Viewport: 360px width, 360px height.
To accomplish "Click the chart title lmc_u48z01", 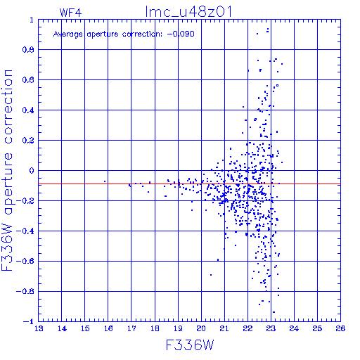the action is click(189, 12).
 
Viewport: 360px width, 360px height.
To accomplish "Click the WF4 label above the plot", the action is click(70, 13).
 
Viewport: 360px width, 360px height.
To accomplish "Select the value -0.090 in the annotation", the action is click(181, 34).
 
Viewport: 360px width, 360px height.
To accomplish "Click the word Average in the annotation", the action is click(68, 34).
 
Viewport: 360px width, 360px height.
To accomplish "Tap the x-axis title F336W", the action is click(190, 345).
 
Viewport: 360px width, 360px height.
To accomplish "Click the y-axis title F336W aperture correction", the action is click(7, 170).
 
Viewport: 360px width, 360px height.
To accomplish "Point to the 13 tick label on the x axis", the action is click(39, 328).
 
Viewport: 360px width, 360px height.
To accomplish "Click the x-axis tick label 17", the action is click(131, 328).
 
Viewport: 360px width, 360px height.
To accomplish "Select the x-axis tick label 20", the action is click(201, 328).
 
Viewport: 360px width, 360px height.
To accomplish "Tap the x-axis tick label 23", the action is click(271, 328).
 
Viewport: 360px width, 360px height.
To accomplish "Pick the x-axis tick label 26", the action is click(340, 328).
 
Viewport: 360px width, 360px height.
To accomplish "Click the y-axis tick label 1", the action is click(32, 20).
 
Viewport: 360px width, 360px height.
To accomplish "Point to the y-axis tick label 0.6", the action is click(28, 80).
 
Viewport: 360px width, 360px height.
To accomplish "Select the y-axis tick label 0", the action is click(32, 171).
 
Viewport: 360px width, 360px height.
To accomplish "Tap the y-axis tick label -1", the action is click(28, 321).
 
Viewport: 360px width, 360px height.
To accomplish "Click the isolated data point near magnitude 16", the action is click(105, 181).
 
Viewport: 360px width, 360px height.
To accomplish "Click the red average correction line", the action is click(189, 184).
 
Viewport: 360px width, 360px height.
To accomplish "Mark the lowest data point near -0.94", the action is click(274, 312).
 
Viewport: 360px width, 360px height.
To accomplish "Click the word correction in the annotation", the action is click(142, 34).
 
